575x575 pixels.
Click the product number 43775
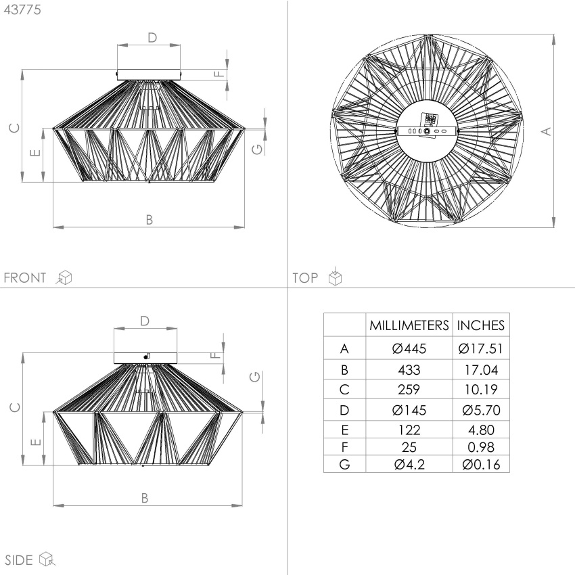[22, 9]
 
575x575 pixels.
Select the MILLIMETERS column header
[409, 325]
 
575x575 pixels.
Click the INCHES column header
[481, 325]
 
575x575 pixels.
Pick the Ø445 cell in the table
[409, 348]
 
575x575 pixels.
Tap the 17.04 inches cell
[481, 370]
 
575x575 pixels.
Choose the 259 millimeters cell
[409, 390]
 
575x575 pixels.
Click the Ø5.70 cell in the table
[481, 410]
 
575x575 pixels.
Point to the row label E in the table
[345, 430]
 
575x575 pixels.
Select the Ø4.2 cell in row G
[409, 465]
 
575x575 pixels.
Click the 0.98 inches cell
[481, 447]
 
